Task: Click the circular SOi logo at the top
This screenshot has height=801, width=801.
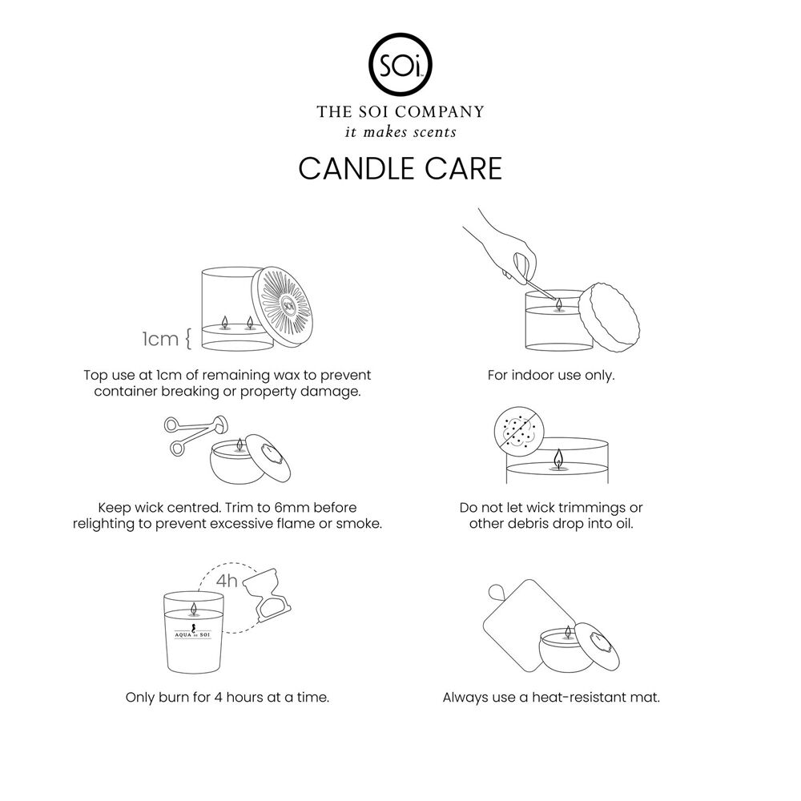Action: coord(400,65)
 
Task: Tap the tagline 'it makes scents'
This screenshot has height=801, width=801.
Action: coord(400,132)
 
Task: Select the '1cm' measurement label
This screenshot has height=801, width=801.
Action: coord(160,339)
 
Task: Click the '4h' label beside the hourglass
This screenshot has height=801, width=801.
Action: coord(227,581)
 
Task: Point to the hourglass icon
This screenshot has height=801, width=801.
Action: coord(267,594)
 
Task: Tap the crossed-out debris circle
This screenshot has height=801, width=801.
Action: coord(519,430)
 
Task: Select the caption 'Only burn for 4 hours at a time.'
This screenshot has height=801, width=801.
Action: coord(227,698)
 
